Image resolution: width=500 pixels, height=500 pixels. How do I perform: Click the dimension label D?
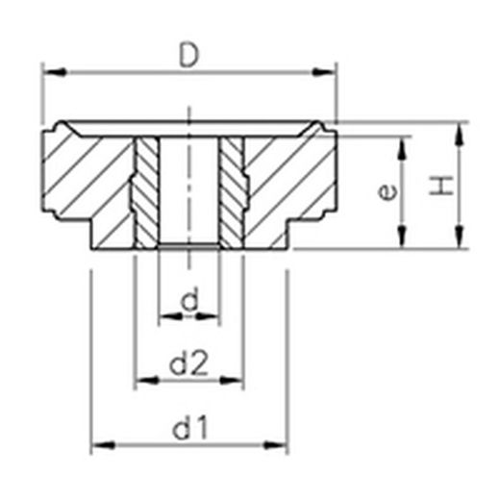point(189,56)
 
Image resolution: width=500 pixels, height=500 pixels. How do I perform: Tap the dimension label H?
point(441,186)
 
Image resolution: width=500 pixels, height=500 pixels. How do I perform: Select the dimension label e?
point(387,192)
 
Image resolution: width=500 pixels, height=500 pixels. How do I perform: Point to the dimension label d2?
point(188,363)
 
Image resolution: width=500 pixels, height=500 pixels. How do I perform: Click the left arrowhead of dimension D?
point(55,72)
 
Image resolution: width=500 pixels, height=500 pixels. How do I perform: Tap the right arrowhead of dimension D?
point(324,72)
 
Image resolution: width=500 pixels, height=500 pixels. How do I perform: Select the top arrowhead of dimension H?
point(460,135)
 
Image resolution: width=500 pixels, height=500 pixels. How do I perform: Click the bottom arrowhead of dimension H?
point(460,237)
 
